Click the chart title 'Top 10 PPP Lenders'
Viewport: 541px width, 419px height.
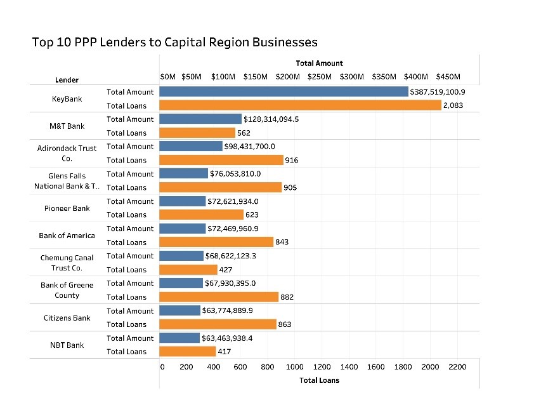click(x=174, y=43)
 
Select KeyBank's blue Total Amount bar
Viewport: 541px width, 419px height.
click(x=284, y=92)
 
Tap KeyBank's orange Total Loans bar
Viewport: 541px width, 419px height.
click(x=300, y=105)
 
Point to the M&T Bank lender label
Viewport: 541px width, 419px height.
click(x=67, y=126)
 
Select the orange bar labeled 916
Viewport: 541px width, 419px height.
click(x=221, y=160)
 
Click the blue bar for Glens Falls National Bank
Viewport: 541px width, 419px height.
click(x=183, y=174)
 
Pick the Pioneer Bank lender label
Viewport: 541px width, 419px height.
click(x=67, y=208)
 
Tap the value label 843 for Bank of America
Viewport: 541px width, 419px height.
click(x=282, y=242)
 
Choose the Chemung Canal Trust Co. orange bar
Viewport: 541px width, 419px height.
click(x=188, y=269)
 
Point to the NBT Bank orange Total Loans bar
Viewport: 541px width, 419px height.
click(x=187, y=351)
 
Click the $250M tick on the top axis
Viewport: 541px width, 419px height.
click(x=319, y=77)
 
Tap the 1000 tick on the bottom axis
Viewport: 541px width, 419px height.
click(x=294, y=367)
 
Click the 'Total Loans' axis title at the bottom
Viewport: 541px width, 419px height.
click(x=319, y=380)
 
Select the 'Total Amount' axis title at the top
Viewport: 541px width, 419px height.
click(x=319, y=63)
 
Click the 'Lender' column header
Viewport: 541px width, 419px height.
click(x=67, y=80)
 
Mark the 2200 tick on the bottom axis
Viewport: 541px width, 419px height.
click(x=457, y=367)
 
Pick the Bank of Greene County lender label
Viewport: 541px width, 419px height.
click(x=67, y=290)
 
